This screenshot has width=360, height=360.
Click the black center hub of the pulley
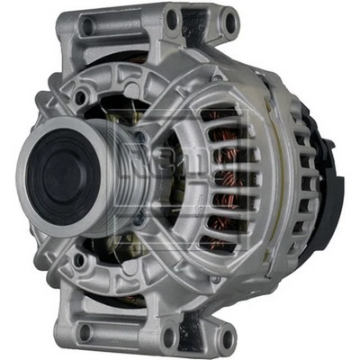tap(56, 171)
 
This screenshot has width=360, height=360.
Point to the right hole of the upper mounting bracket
tap(229, 20)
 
